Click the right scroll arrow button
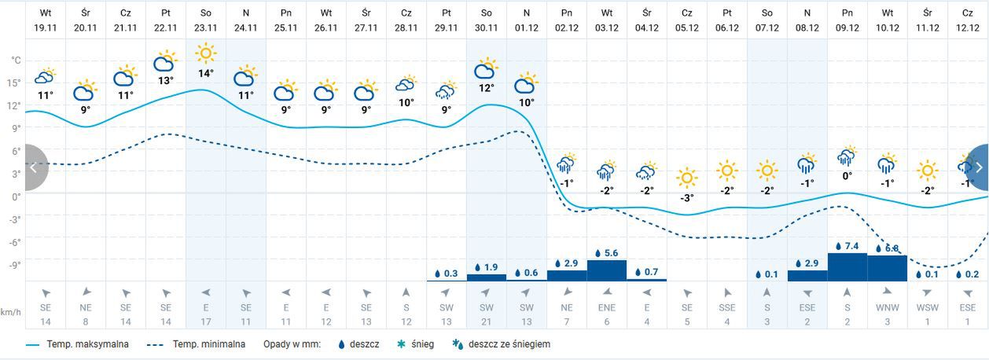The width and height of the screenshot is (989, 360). tap(978, 167)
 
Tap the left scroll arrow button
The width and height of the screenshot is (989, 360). tap(33, 167)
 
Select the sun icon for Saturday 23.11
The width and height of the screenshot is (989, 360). tap(206, 53)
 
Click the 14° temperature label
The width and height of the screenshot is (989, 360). tap(206, 74)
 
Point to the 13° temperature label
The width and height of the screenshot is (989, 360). tap(165, 80)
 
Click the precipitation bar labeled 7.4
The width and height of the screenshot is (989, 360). tap(847, 266)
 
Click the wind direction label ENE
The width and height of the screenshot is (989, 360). tap(607, 307)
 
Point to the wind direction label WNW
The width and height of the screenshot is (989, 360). tap(888, 307)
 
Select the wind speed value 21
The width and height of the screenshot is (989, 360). tap(487, 321)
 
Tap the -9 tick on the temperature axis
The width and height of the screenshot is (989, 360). tap(15, 265)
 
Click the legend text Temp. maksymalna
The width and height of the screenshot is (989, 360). tap(87, 344)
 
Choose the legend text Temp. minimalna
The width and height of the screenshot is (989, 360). tap(209, 344)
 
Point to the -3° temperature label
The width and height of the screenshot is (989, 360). tap(687, 198)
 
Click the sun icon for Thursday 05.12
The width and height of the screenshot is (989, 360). tap(687, 178)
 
